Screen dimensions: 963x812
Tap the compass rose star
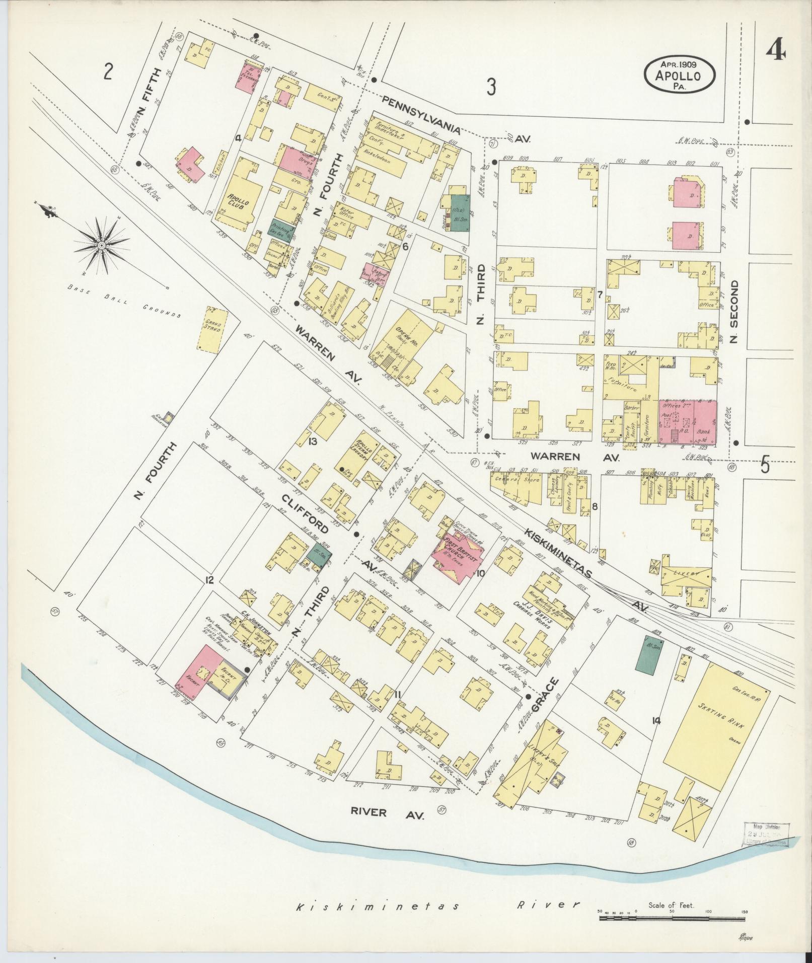click(x=101, y=245)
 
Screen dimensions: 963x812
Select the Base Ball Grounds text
click(x=123, y=302)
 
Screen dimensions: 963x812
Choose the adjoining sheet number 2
click(x=107, y=72)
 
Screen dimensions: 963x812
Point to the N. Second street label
click(x=734, y=313)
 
